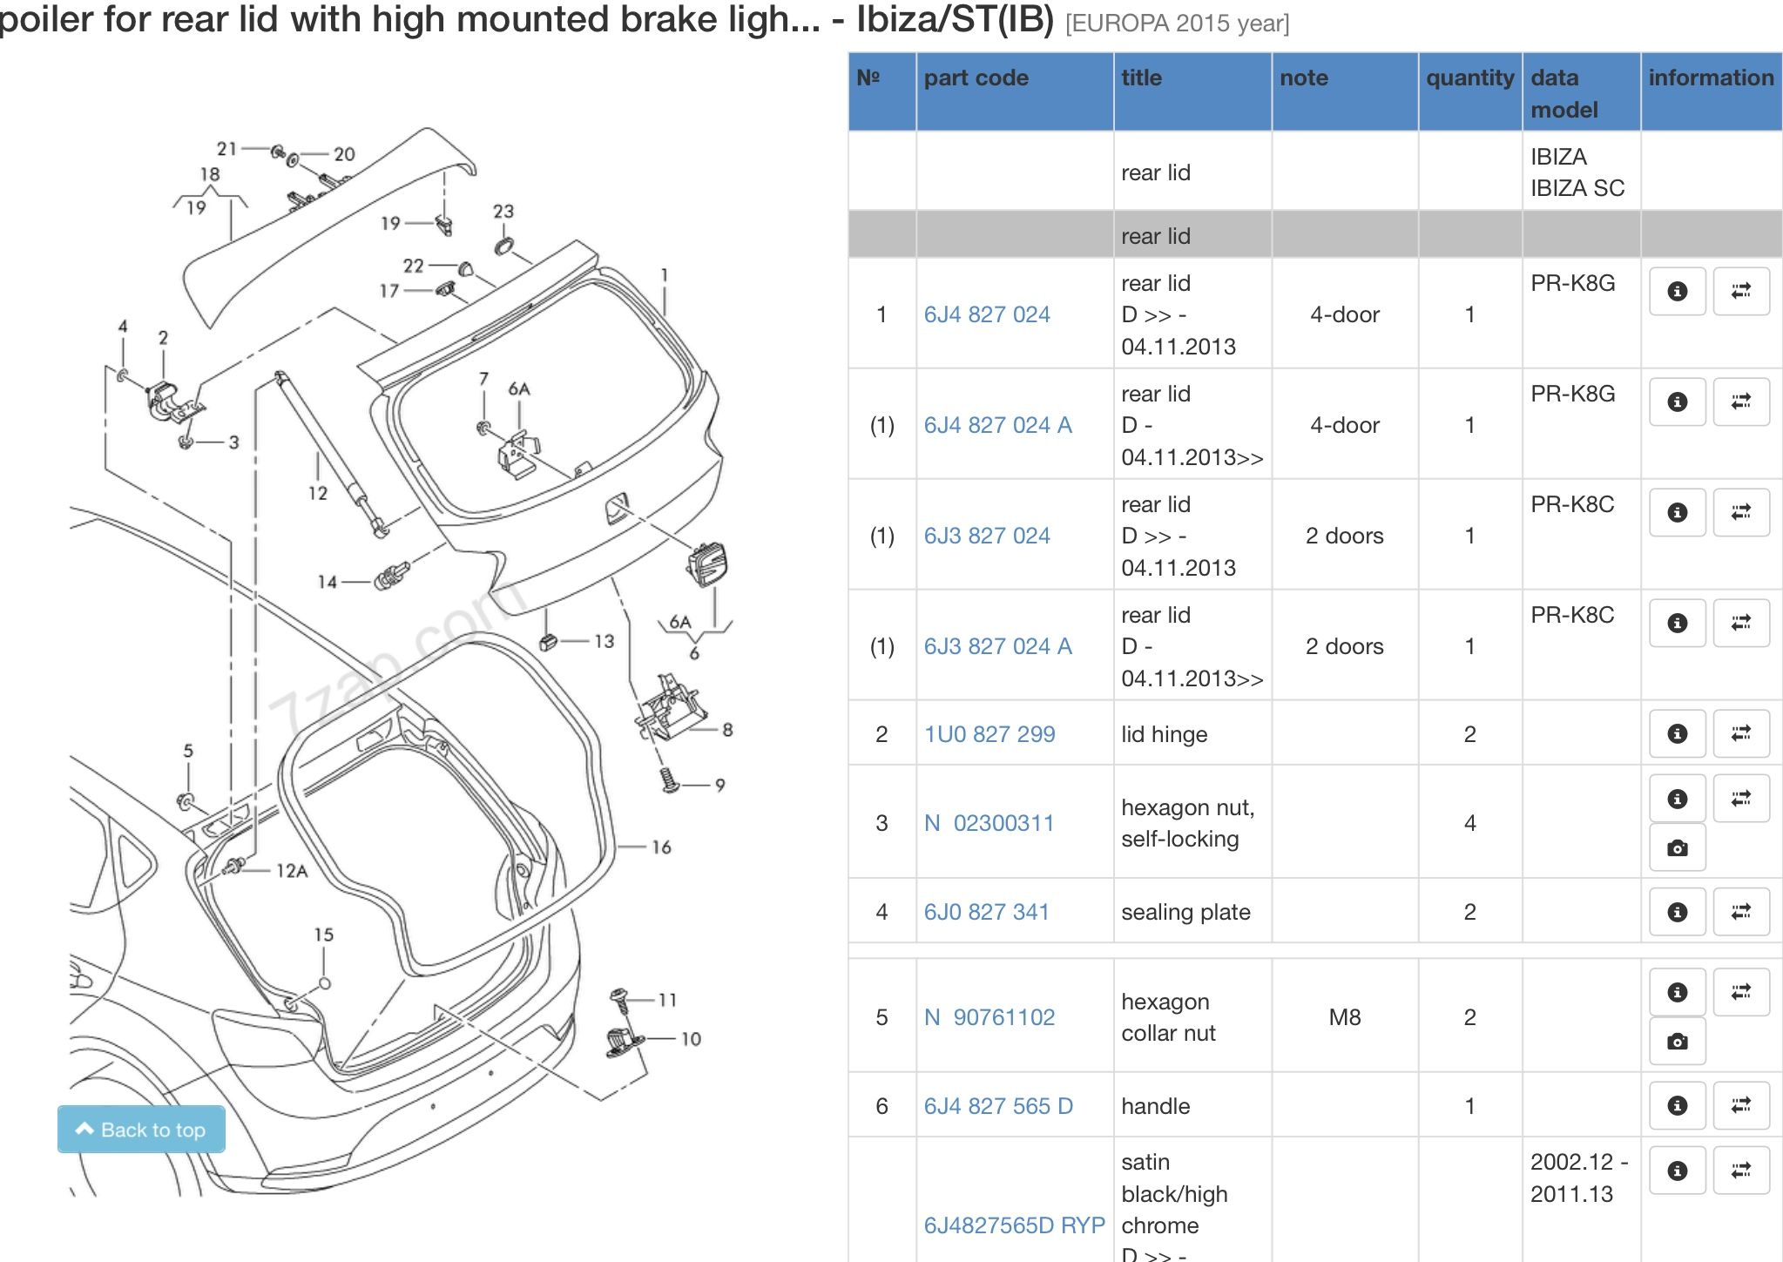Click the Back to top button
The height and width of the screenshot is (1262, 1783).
(141, 1130)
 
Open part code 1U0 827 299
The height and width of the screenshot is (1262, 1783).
(989, 734)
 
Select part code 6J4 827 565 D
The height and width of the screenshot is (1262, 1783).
(998, 1106)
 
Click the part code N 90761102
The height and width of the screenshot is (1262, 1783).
(989, 1017)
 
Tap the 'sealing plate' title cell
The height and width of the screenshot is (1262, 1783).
(1185, 912)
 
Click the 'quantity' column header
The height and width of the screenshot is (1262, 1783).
(1469, 78)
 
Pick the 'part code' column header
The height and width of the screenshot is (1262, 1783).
(976, 78)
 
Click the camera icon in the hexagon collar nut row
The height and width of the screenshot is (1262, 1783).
(1677, 1042)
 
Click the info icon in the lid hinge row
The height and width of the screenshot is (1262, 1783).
(1677, 734)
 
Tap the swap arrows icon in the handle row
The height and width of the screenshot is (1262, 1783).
(1740, 1106)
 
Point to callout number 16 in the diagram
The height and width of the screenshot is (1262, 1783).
(661, 847)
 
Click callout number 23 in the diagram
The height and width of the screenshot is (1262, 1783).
(503, 212)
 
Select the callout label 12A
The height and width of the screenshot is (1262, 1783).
(292, 870)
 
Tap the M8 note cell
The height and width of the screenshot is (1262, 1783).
(1344, 1017)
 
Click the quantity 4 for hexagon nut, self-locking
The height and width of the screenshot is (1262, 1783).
(1469, 823)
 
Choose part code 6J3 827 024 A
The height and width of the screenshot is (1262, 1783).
(998, 646)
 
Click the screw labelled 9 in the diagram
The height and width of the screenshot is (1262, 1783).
(669, 779)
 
